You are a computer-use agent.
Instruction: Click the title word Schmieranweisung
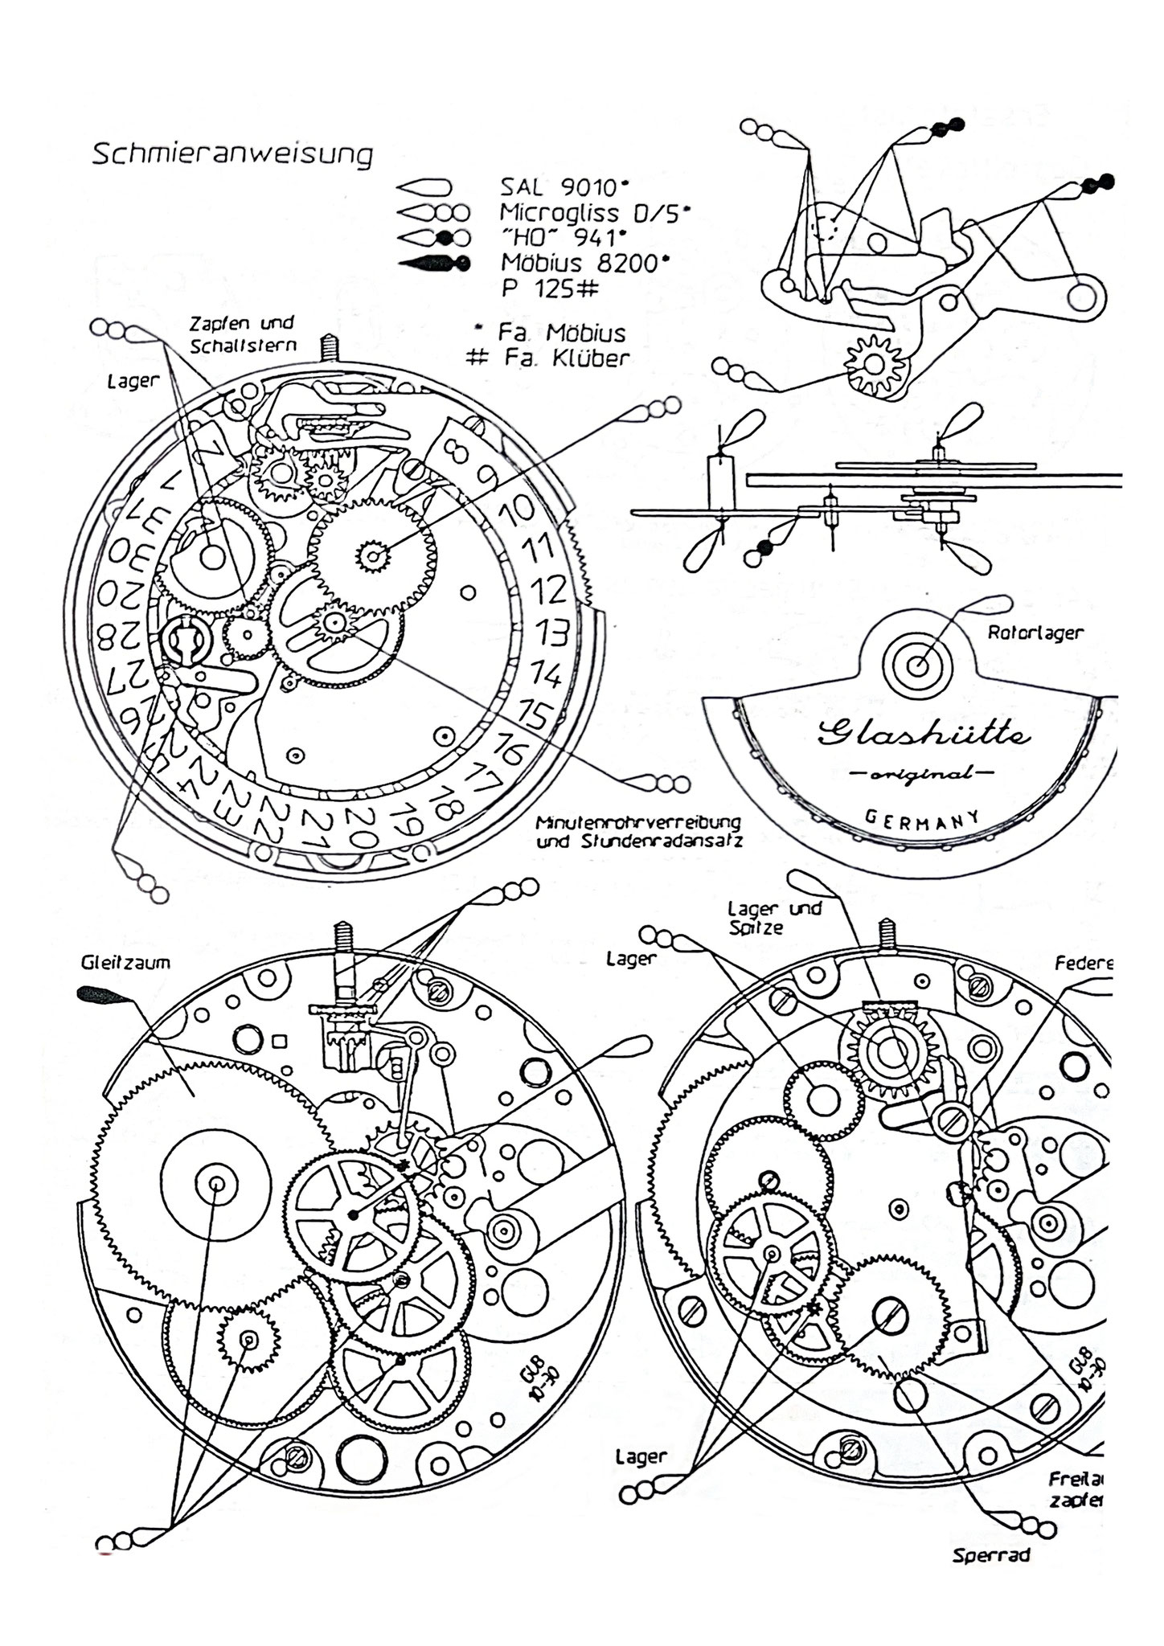(x=232, y=154)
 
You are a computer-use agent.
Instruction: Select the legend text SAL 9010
(x=562, y=188)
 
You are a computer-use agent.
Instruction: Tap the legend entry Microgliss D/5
(x=594, y=213)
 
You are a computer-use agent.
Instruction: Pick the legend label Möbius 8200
(x=584, y=263)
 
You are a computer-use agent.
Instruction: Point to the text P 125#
(x=551, y=289)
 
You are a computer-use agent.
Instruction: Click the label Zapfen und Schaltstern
(x=243, y=334)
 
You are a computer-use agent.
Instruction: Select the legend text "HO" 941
(x=562, y=238)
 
